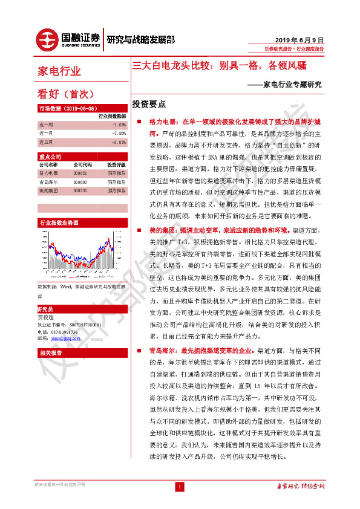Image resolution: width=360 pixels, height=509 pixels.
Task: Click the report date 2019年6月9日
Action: (x=304, y=38)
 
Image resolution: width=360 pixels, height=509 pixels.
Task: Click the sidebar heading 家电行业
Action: (x=59, y=71)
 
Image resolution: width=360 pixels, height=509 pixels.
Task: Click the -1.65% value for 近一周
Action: (x=119, y=124)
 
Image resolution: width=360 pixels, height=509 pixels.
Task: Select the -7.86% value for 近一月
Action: (x=119, y=133)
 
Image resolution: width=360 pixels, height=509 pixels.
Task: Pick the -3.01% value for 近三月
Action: (x=119, y=142)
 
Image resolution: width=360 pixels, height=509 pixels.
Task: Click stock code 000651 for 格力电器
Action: (x=80, y=173)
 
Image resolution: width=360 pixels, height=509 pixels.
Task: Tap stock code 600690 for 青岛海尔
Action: (x=80, y=181)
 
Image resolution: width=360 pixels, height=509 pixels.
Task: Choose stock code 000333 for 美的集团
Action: (x=80, y=190)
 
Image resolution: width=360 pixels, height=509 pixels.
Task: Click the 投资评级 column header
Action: (x=116, y=164)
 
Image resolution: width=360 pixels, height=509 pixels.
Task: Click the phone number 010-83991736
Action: (x=64, y=332)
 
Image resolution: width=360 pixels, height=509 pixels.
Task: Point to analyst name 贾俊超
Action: (x=46, y=317)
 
